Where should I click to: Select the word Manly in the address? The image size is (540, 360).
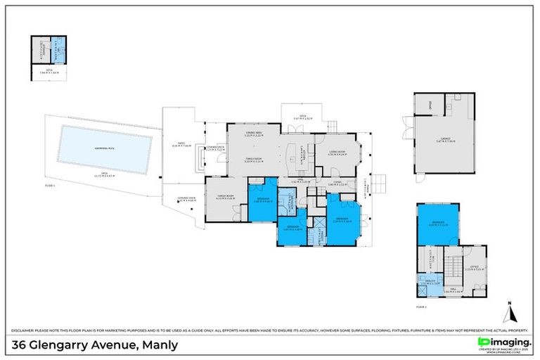160,345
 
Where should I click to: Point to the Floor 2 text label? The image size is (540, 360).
421,307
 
